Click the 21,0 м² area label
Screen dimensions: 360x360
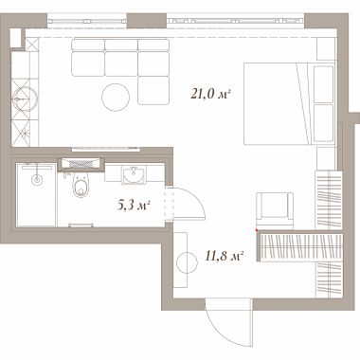210,94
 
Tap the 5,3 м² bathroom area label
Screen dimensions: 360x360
134,206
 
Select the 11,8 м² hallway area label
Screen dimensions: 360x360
224,256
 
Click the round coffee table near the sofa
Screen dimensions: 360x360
116,98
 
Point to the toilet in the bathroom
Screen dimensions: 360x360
81,186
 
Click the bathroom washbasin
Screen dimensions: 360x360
134,174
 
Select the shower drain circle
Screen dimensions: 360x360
37,180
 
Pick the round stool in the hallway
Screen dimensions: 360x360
187,262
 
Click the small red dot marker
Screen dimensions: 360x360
257,230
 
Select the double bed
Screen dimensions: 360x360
289,103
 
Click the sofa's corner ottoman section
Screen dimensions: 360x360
153,90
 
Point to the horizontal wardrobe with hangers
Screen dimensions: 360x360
300,247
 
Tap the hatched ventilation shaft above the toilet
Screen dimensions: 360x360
81,164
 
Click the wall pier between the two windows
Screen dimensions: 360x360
147,21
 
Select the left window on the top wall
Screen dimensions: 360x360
87,21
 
